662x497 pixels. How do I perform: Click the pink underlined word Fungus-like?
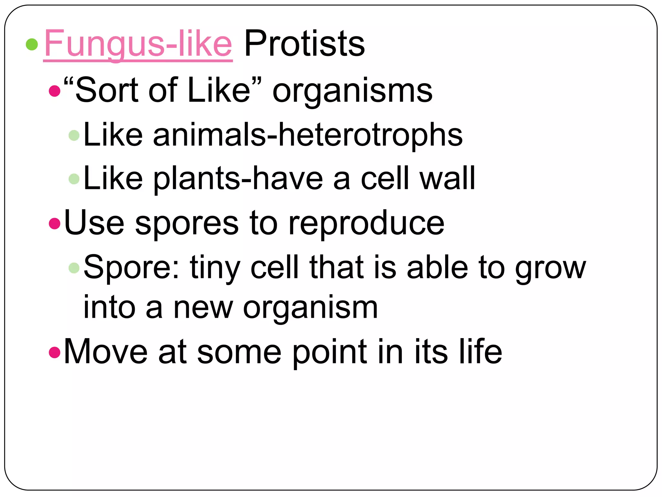click(x=138, y=44)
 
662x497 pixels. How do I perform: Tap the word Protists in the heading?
click(x=304, y=44)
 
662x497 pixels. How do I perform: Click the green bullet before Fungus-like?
click(x=32, y=44)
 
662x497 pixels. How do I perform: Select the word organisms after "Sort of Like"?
click(x=352, y=91)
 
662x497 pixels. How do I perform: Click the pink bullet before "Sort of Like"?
click(x=55, y=91)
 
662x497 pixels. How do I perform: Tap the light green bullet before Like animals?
click(x=74, y=135)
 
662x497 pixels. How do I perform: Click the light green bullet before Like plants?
click(x=74, y=179)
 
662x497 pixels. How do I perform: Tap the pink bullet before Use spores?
click(x=55, y=223)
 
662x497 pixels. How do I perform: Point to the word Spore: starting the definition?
click(x=131, y=267)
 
